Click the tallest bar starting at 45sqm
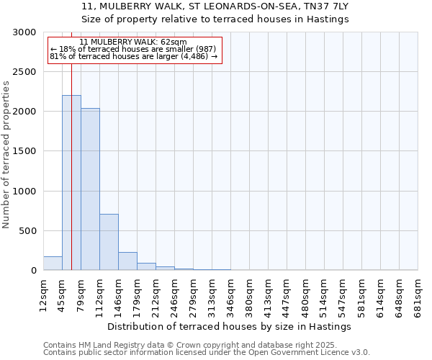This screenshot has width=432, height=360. tap(71, 183)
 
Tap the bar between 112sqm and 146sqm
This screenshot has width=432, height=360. tap(109, 242)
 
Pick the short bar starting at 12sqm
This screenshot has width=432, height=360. tap(53, 264)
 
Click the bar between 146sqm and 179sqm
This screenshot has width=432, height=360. tap(127, 261)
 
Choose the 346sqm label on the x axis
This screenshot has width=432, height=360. tap(231, 293)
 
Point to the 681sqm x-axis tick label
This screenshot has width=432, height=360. tap(418, 293)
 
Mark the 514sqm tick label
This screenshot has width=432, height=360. tap(325, 293)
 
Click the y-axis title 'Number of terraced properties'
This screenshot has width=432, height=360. tap(6, 154)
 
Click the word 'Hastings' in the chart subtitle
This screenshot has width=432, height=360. tap(328, 19)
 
